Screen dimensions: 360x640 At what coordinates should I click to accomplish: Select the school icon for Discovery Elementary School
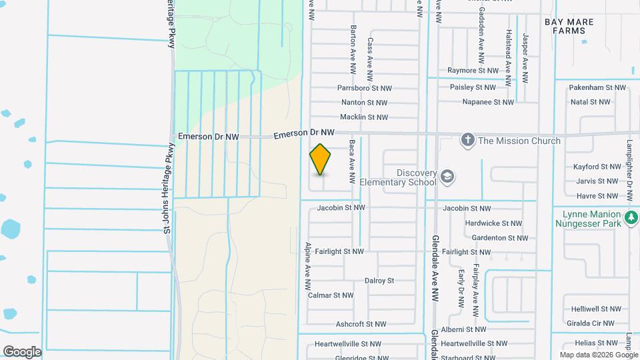click(x=447, y=177)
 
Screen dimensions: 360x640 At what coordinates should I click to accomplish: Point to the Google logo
click(x=22, y=352)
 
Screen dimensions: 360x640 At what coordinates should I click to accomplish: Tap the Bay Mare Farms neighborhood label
click(x=569, y=26)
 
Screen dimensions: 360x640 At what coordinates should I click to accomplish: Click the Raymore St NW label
click(x=473, y=70)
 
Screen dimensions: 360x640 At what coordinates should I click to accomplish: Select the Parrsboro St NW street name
click(x=364, y=87)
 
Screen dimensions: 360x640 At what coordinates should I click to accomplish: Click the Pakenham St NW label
click(x=599, y=87)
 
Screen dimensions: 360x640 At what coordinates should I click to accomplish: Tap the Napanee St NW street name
click(x=488, y=103)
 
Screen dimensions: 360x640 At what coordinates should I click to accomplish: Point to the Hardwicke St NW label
click(x=494, y=223)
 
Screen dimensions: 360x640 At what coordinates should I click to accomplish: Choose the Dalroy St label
click(x=379, y=281)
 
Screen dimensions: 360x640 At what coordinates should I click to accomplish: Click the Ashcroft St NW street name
click(x=361, y=324)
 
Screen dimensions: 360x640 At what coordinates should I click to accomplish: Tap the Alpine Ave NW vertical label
click(x=308, y=265)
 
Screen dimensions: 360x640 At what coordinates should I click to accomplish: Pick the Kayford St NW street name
click(x=597, y=167)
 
